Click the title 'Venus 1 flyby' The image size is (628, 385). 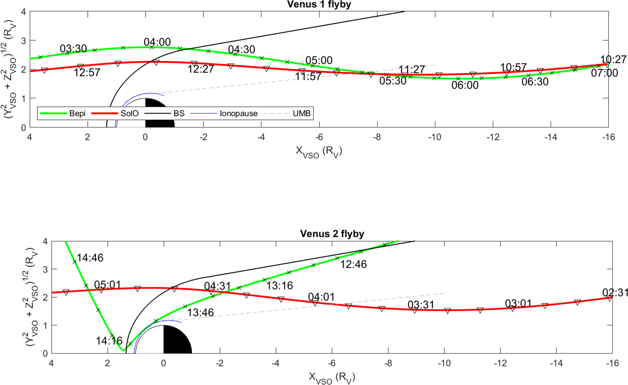click(319, 5)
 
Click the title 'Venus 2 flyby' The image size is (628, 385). click(332, 234)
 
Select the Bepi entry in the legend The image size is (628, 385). click(77, 113)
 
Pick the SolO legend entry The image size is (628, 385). click(129, 113)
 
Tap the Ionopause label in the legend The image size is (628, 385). click(239, 113)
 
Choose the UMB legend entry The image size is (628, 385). click(301, 113)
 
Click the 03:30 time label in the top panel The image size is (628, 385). click(73, 49)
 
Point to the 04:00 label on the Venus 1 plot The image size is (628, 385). click(157, 42)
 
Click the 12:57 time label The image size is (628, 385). click(87, 73)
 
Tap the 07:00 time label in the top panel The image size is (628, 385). click(604, 73)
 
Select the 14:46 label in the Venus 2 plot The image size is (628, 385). click(90, 258)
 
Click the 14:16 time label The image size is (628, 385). click(109, 341)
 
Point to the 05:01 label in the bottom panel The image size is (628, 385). click(107, 285)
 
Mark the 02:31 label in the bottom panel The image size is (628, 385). click(615, 293)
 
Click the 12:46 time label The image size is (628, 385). click(353, 264)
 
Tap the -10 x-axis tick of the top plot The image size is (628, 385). click(434, 137)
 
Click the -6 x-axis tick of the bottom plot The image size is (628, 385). click(332, 363)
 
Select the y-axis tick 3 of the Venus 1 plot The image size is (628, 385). click(23, 41)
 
